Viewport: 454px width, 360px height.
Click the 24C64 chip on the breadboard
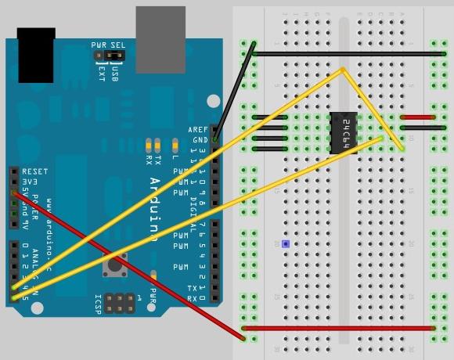pyautogui.click(x=344, y=132)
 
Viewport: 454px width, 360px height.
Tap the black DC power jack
pyautogui.click(x=36, y=56)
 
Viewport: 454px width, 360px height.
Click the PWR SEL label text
pyautogui.click(x=108, y=45)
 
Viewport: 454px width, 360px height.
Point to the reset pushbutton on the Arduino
pyautogui.click(x=115, y=265)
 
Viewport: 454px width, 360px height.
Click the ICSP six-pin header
pyautogui.click(x=119, y=304)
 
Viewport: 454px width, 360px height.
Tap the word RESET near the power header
pyautogui.click(x=35, y=171)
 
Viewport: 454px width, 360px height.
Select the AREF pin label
pyautogui.click(x=198, y=130)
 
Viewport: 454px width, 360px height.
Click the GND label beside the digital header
pyautogui.click(x=200, y=140)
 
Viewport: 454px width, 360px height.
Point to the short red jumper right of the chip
pyautogui.click(x=417, y=117)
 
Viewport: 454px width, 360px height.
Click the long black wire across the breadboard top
pyautogui.click(x=348, y=54)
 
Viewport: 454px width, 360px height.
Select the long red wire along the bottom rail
pyautogui.click(x=339, y=328)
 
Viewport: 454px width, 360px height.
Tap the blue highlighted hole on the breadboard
pyautogui.click(x=286, y=244)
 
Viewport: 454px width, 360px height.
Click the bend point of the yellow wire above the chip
pyautogui.click(x=343, y=70)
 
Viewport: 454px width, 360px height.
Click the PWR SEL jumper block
pyautogui.click(x=107, y=56)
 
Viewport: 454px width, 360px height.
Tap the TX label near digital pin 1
pyautogui.click(x=193, y=288)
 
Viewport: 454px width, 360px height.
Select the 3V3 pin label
pyautogui.click(x=30, y=181)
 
